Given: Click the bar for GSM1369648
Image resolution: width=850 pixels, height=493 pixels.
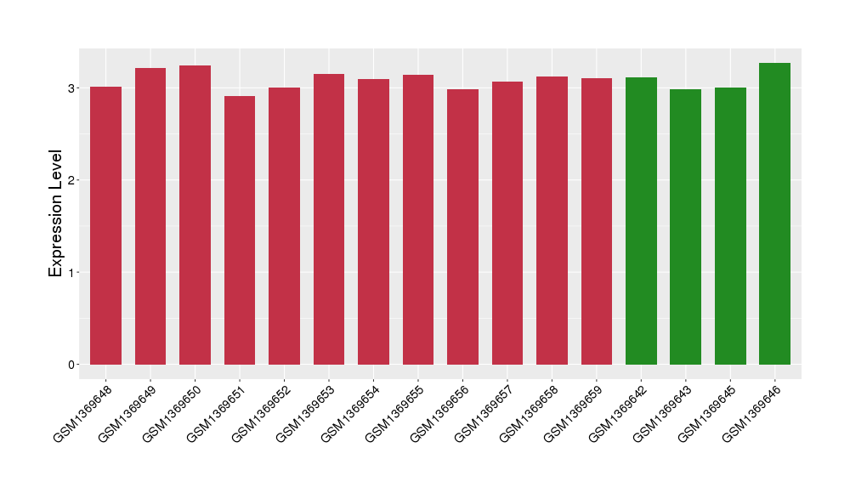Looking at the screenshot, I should coord(106,225).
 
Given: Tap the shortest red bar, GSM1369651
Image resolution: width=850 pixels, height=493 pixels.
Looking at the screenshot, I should coord(240,230).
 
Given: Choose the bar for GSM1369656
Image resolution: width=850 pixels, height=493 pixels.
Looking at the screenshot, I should coord(462,227).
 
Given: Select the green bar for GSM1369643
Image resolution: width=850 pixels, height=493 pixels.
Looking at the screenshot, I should coord(686,227).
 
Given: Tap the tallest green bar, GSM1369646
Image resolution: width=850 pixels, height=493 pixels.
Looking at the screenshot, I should coord(774,213).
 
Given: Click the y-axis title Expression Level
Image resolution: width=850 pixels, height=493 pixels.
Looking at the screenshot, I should coord(56,213).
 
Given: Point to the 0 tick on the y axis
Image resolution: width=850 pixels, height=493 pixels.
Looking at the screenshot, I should coord(71,365).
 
